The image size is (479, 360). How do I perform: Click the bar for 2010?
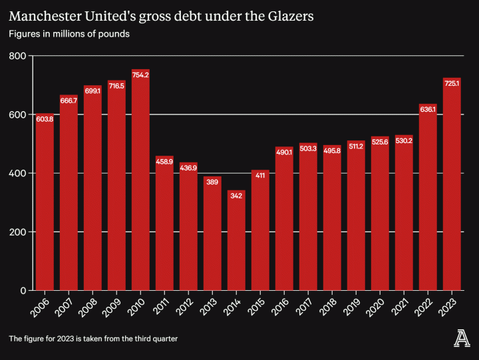tap(140, 180)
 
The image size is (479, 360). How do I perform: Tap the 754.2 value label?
tap(140, 75)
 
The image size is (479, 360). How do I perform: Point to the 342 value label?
tap(236, 196)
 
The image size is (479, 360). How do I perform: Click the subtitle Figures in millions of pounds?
tap(69, 33)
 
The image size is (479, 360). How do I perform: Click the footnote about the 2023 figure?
tap(93, 339)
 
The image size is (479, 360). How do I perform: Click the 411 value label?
tap(260, 176)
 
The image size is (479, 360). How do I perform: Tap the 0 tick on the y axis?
tap(22, 290)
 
